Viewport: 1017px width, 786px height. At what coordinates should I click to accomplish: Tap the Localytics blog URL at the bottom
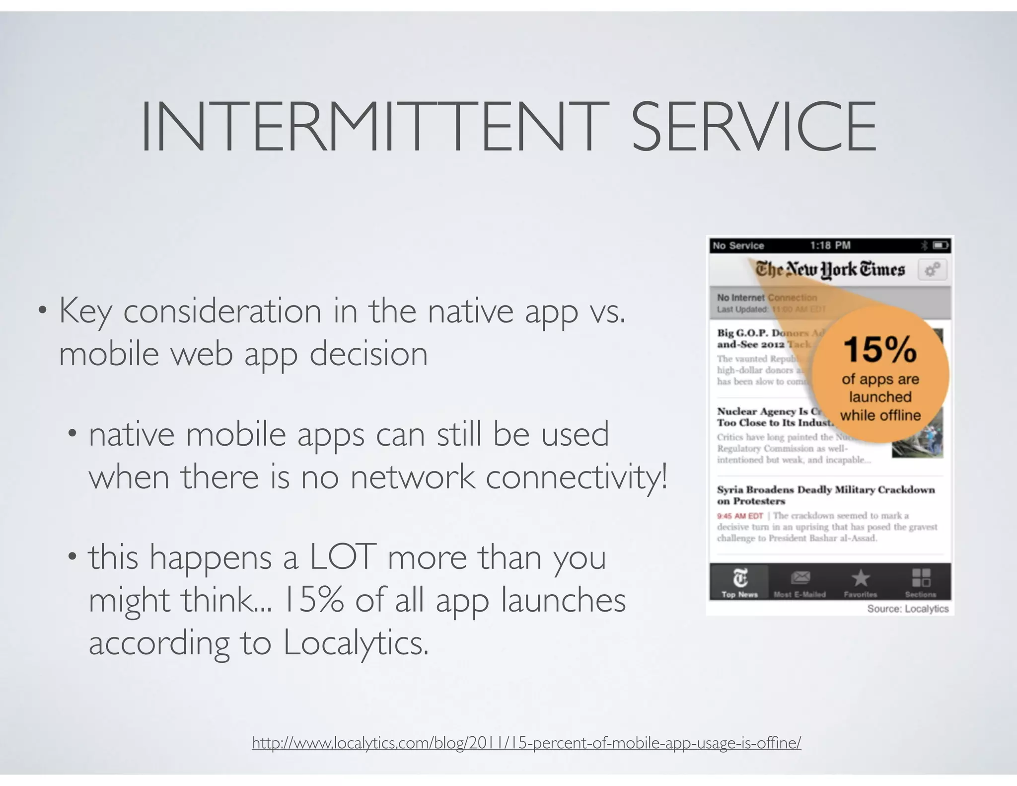click(x=526, y=743)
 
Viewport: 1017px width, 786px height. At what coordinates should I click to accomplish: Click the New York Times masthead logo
click(x=830, y=270)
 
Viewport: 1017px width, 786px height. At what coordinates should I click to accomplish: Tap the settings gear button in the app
click(x=932, y=270)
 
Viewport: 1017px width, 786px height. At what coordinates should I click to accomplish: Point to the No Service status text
click(x=738, y=245)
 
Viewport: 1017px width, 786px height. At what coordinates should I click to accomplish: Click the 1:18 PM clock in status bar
click(x=830, y=245)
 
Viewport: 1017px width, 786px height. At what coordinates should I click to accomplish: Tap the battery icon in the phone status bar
click(x=941, y=245)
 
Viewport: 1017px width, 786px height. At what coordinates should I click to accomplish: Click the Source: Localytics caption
click(x=907, y=609)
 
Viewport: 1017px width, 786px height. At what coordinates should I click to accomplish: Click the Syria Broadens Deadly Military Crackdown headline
click(x=825, y=495)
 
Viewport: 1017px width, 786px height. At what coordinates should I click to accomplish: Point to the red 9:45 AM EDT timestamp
click(x=739, y=516)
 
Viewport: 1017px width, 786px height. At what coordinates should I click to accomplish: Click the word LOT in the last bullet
click(x=342, y=557)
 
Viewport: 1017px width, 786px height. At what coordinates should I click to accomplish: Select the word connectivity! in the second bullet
click(x=577, y=477)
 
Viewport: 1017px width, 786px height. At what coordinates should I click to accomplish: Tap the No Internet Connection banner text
click(x=766, y=298)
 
